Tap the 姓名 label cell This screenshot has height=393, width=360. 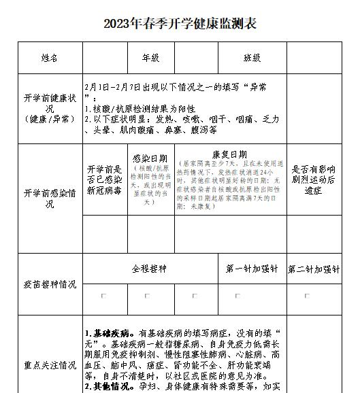50,58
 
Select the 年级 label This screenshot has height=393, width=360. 150,58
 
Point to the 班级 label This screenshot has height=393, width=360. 252,58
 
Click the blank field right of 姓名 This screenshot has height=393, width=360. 105,58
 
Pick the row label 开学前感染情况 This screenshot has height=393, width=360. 50,194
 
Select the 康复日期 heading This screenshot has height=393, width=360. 230,154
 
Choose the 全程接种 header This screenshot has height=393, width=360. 150,269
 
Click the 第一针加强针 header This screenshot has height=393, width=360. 252,269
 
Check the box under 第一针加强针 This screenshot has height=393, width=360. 238,296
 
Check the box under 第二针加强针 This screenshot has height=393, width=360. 306,296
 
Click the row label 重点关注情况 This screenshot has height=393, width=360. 50,365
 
